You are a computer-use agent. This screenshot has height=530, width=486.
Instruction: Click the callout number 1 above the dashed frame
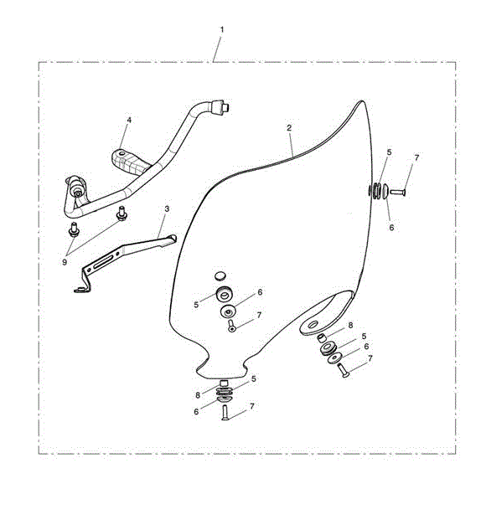[x=222, y=30]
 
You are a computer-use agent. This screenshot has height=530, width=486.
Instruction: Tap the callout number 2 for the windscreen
[x=289, y=128]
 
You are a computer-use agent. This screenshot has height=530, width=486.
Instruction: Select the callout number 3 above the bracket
[x=167, y=208]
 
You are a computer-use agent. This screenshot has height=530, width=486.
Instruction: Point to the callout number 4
[x=129, y=120]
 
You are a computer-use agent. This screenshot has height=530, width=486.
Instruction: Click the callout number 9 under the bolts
[x=65, y=262]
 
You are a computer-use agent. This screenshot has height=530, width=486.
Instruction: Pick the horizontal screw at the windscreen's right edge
[x=398, y=192]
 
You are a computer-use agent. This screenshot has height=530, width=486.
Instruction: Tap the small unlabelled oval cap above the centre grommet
[x=220, y=276]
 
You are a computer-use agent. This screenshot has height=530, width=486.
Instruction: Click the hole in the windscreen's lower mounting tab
[x=313, y=325]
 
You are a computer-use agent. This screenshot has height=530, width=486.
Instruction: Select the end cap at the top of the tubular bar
[x=220, y=107]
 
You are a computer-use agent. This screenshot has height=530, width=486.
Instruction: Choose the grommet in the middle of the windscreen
[x=224, y=295]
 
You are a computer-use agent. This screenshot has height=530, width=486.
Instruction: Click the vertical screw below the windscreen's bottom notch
[x=225, y=413]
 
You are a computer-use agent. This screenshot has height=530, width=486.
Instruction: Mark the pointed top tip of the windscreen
[x=362, y=101]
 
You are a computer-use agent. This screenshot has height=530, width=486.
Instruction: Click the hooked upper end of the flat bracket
[x=171, y=239]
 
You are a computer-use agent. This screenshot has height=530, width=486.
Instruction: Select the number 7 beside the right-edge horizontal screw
[x=416, y=158]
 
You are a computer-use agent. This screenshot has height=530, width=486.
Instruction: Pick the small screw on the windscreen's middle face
[x=231, y=326]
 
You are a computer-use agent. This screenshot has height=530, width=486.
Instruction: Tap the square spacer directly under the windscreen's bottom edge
[x=224, y=383]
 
